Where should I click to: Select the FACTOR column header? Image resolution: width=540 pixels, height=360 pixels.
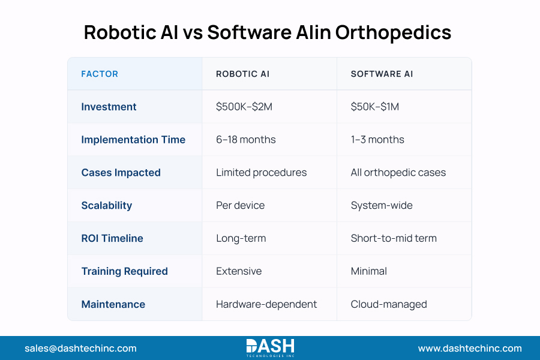pos(100,74)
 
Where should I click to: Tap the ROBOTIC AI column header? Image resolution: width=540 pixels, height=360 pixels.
pos(242,74)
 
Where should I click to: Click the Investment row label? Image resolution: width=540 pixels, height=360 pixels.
pos(109,107)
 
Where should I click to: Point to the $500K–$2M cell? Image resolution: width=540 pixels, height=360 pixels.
pos(244,107)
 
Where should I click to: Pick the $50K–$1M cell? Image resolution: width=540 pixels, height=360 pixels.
pos(375,107)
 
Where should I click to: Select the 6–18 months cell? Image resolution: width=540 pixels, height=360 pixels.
pos(246,140)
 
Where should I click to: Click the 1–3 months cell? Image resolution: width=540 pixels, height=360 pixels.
pos(377,140)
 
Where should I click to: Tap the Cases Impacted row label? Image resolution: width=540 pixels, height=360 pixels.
pos(121,173)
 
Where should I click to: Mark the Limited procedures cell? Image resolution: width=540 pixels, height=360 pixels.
pos(261,173)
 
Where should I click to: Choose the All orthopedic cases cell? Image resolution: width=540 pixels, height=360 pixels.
pos(398,173)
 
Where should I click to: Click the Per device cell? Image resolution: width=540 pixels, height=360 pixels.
pos(240,206)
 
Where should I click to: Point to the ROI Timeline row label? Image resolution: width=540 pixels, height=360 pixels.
pos(112,239)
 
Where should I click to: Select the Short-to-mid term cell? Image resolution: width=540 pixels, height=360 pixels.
pos(394,239)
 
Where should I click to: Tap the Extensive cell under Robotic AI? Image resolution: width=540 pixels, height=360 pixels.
pos(239,271)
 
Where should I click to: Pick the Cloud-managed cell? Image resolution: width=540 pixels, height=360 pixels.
pos(389,304)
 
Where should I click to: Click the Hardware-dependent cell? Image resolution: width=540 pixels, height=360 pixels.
pos(266,304)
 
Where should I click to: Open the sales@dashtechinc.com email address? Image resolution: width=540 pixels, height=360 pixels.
pos(80,348)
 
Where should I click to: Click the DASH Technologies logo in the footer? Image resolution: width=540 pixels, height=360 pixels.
pos(270,348)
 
